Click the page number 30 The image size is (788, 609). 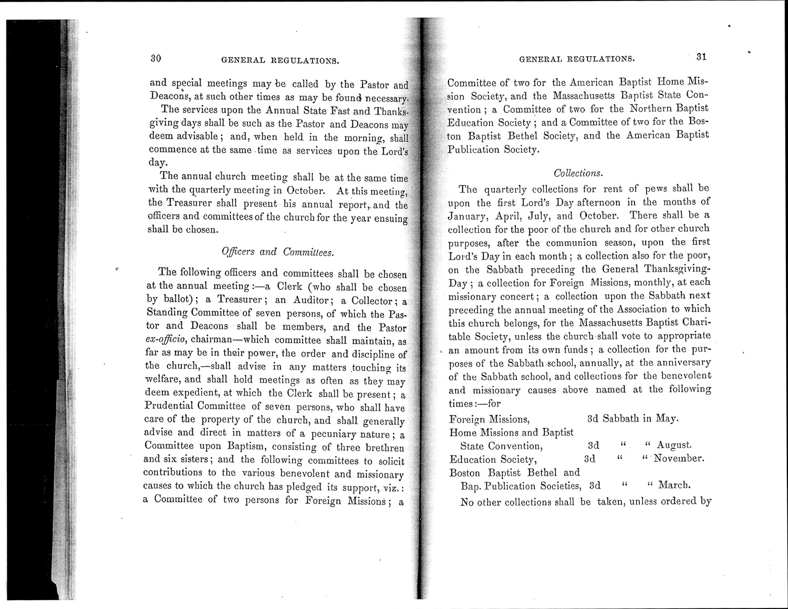155,59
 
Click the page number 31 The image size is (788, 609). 701,57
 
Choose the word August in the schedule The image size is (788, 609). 674,446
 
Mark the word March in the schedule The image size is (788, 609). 673,484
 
